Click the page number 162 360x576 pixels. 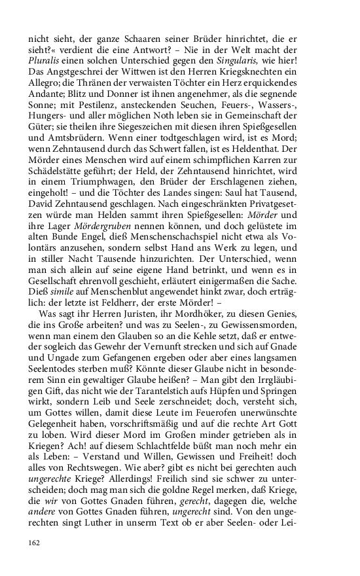pyautogui.click(x=34, y=543)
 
